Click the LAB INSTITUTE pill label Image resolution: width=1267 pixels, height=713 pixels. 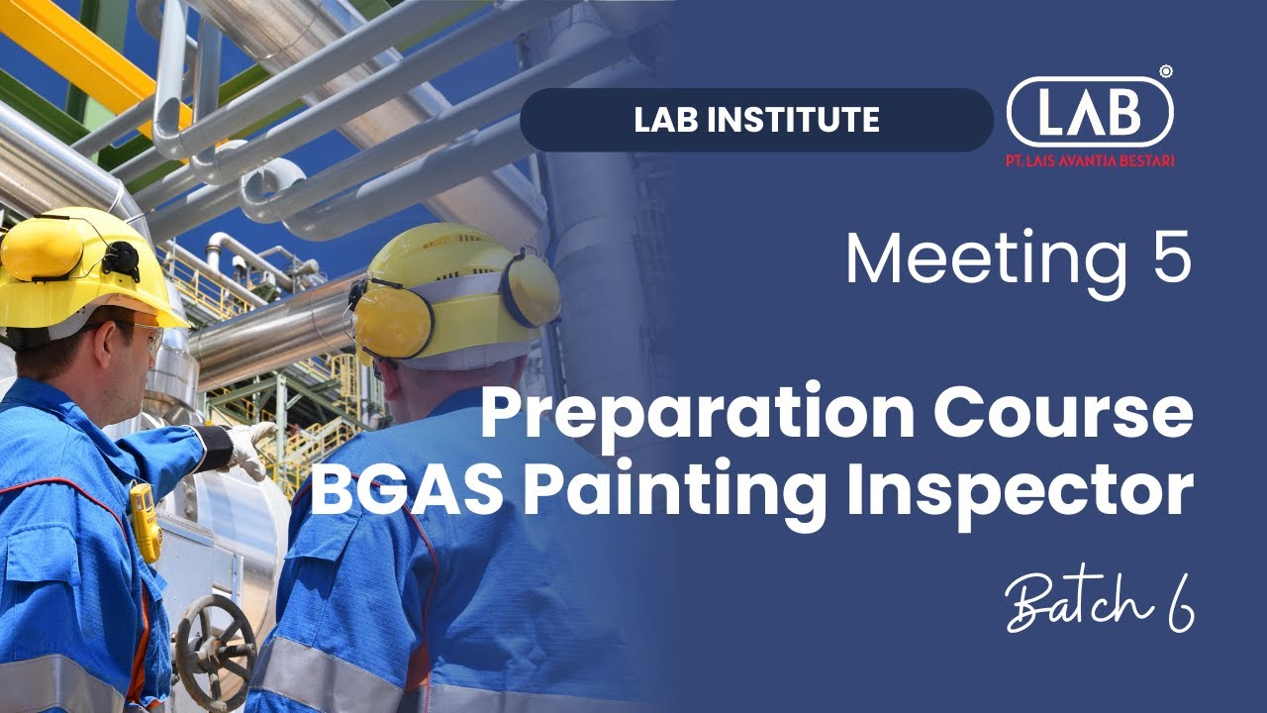(x=756, y=120)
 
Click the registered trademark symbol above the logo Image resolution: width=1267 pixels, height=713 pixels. (x=1166, y=71)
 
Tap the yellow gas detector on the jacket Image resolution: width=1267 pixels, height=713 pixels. (x=145, y=521)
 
